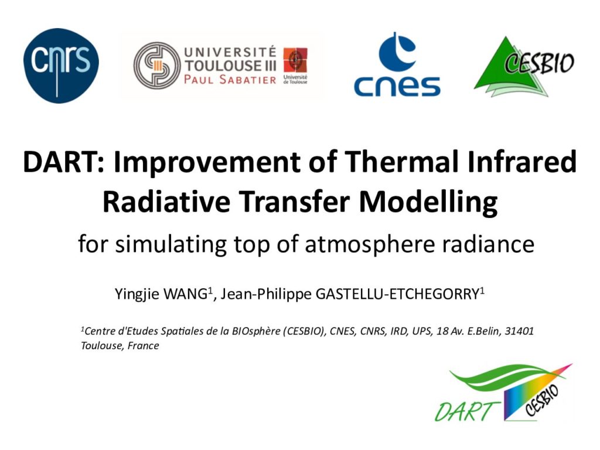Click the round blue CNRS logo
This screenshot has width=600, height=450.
[61, 66]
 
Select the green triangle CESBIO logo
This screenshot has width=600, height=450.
[524, 66]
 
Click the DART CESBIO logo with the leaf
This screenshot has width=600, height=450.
[503, 393]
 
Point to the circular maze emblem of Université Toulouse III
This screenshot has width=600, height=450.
[157, 66]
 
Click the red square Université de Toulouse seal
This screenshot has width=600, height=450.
[295, 60]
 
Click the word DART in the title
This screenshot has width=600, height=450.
[63, 162]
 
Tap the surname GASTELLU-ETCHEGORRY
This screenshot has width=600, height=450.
[397, 294]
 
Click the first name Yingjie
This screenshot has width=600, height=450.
[137, 295]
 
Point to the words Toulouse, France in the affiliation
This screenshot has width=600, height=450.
[120, 346]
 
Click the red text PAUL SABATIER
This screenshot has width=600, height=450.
[230, 80]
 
